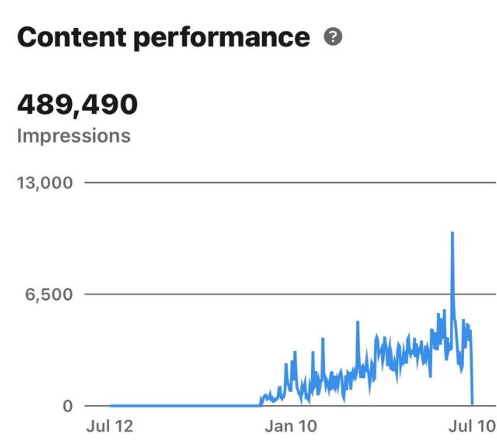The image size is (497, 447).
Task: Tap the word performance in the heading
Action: click(221, 37)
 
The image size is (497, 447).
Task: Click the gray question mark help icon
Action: click(333, 37)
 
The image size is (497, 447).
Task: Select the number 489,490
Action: click(77, 104)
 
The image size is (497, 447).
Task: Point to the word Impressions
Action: click(74, 135)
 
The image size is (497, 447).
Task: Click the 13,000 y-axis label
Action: click(45, 183)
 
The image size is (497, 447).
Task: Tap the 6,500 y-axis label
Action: click(49, 294)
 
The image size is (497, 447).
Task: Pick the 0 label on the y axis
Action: click(67, 406)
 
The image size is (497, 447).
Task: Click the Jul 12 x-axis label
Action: click(110, 426)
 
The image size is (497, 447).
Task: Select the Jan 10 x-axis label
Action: click(291, 426)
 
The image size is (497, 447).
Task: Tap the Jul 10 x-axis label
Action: click(472, 426)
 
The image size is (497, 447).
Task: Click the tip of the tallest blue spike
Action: click(452, 233)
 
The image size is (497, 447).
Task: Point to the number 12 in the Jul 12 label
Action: click(123, 426)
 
